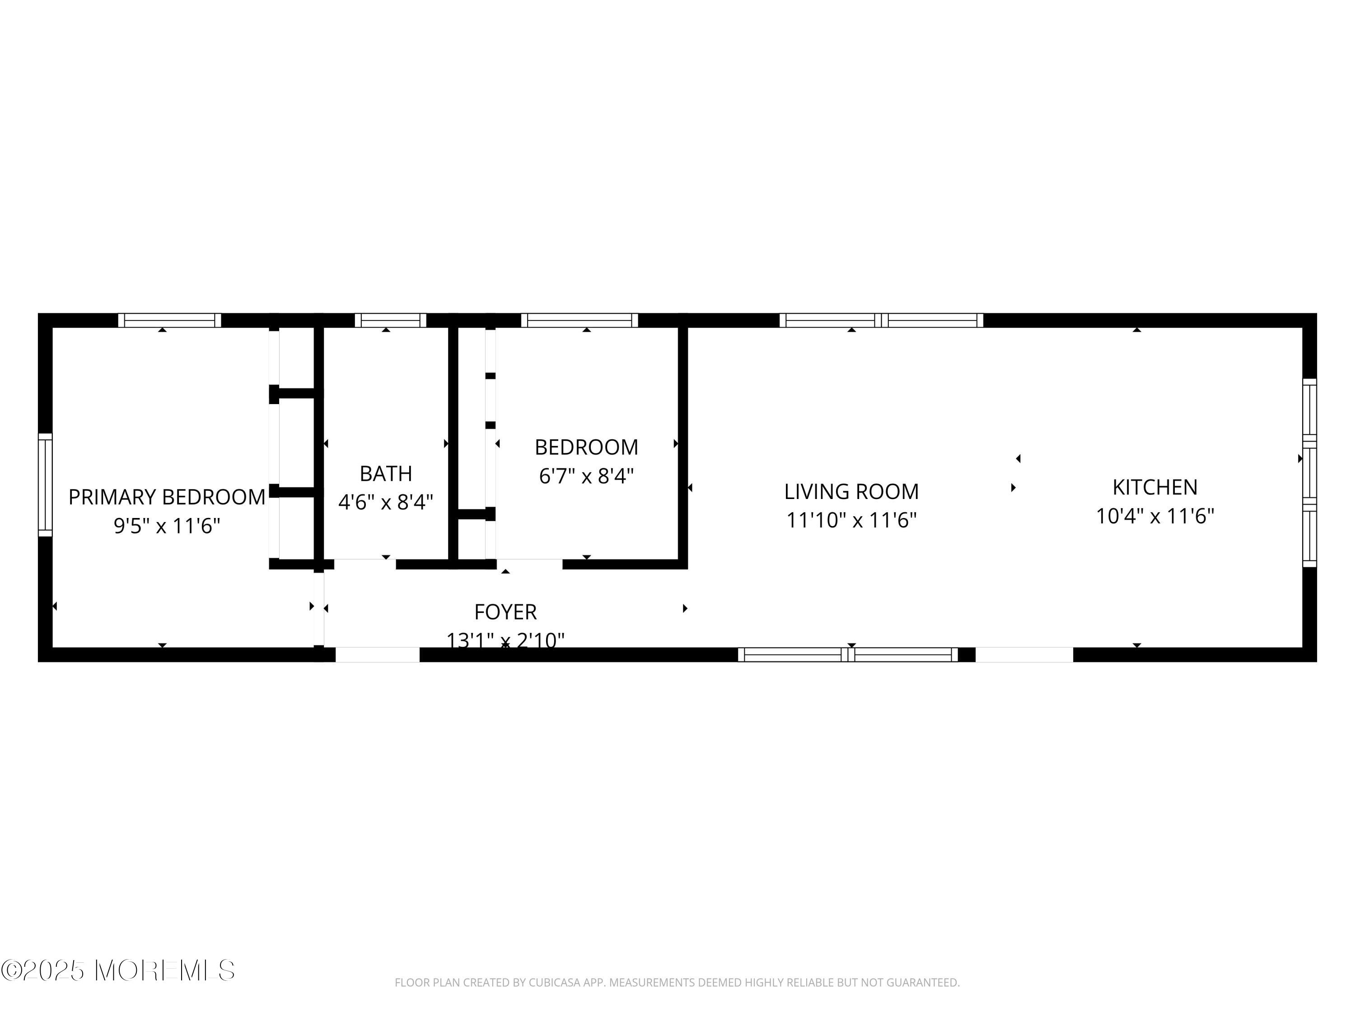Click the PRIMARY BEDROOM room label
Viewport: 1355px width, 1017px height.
pyautogui.click(x=167, y=497)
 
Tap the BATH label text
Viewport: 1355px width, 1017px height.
pyautogui.click(x=386, y=473)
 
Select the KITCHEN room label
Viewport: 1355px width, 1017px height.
pyautogui.click(x=1155, y=487)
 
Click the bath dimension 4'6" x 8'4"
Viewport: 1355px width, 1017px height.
pyautogui.click(x=386, y=502)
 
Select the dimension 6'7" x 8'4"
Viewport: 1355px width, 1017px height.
pyautogui.click(x=586, y=476)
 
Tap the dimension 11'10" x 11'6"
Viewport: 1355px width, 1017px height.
pyautogui.click(x=851, y=520)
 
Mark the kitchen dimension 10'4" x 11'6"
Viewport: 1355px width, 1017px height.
pyautogui.click(x=1155, y=516)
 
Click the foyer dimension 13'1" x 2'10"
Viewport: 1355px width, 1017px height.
pyautogui.click(x=505, y=640)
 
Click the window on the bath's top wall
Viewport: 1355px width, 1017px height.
pyautogui.click(x=390, y=320)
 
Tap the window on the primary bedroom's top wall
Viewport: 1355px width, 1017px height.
pyautogui.click(x=170, y=320)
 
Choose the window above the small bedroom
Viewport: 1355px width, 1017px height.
pyautogui.click(x=579, y=320)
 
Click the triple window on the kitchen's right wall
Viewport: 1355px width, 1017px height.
pyautogui.click(x=1309, y=473)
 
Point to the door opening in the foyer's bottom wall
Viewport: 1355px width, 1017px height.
pyautogui.click(x=377, y=654)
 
